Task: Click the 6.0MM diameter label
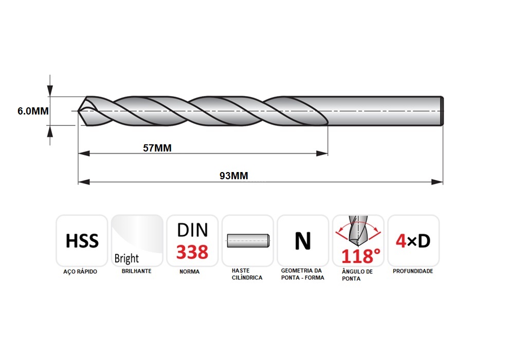point(33,111)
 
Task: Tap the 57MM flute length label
point(157,148)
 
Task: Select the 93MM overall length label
point(234,176)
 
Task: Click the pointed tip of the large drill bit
point(78,111)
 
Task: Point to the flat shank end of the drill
point(442,111)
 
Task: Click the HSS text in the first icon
point(82,241)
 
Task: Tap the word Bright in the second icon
point(126,258)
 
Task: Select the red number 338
point(192,252)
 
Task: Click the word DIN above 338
point(192,230)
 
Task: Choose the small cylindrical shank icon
point(248,241)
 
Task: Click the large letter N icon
point(303,241)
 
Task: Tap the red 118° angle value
point(361,256)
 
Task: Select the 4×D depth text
point(413,241)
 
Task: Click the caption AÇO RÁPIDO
point(80,272)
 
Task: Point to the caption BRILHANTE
point(136,271)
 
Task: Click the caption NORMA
point(190,272)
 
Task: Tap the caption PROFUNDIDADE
point(413,271)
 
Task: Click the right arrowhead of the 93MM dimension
point(437,182)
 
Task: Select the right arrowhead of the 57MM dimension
point(322,154)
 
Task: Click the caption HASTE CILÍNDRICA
point(247,274)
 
